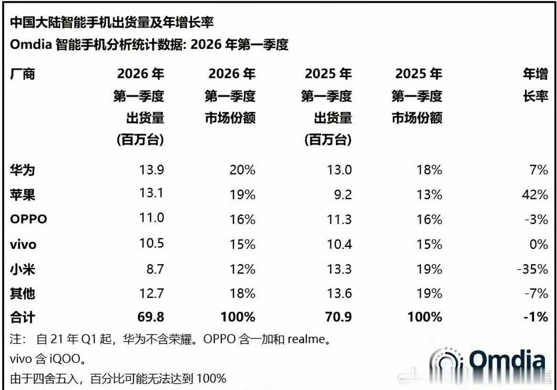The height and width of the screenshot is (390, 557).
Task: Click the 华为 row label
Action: (x=22, y=170)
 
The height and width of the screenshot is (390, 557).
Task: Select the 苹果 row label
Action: (x=22, y=195)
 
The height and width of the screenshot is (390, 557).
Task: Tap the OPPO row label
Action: (x=29, y=219)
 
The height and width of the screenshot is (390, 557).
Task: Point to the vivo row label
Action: (x=23, y=245)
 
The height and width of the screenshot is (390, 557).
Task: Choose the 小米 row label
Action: (x=22, y=270)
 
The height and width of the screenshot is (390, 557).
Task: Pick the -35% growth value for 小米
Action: (x=532, y=270)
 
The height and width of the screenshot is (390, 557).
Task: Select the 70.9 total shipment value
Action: (x=338, y=316)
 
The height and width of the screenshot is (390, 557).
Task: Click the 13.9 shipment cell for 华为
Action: (x=151, y=170)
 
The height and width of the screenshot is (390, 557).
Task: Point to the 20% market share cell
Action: (x=243, y=170)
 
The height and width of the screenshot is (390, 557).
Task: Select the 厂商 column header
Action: (x=22, y=74)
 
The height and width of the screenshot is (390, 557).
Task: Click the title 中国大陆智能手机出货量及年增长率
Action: (x=112, y=22)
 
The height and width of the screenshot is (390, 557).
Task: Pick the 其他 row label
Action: (x=22, y=293)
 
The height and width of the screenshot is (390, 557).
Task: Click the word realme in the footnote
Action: (x=306, y=340)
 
